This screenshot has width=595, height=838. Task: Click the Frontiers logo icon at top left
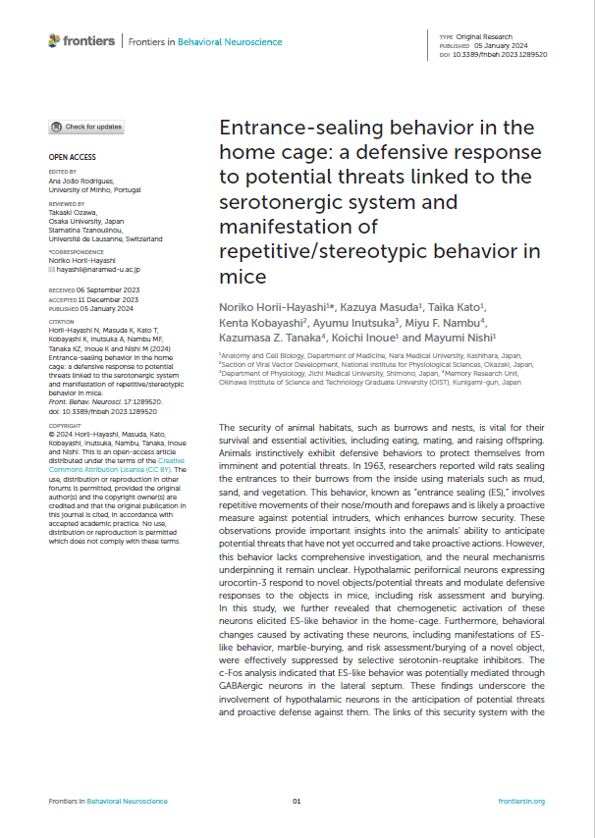pyautogui.click(x=55, y=41)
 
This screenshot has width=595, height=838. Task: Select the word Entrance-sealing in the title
pyautogui.click(x=294, y=128)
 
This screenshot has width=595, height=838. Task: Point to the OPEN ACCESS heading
pyautogui.click(x=72, y=157)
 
